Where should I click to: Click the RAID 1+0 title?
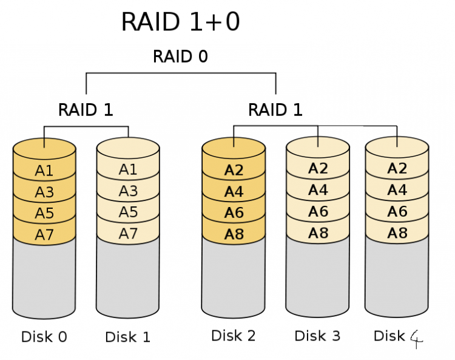(x=181, y=21)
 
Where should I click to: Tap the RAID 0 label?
(x=180, y=56)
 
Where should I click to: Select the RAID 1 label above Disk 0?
(x=86, y=110)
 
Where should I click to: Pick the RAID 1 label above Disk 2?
(x=275, y=110)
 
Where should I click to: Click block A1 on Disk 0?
(x=44, y=171)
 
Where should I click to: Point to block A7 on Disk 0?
(x=44, y=234)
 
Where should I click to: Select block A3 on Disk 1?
(x=128, y=191)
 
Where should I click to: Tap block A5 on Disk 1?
(x=128, y=212)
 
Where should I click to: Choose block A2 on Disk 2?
(x=234, y=170)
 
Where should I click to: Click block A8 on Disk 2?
(x=234, y=234)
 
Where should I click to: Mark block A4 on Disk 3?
(x=318, y=190)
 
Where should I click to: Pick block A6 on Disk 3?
(x=318, y=211)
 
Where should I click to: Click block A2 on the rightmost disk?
(x=397, y=168)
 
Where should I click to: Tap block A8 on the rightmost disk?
(x=397, y=233)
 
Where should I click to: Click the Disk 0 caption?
(x=44, y=337)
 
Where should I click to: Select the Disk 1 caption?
(x=127, y=337)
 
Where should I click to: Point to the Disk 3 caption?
(x=317, y=336)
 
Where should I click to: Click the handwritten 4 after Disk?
(x=417, y=339)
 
